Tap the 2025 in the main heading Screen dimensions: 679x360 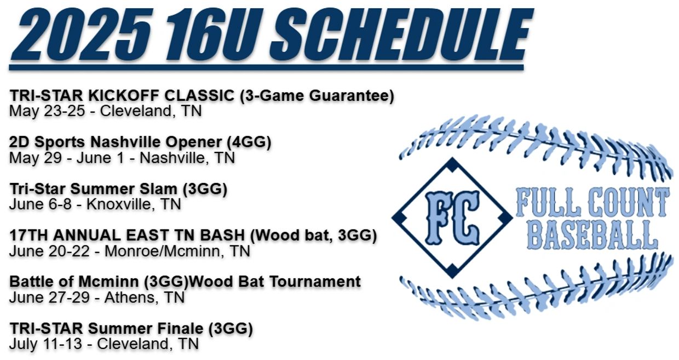(81, 35)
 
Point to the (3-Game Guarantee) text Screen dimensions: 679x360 (317, 96)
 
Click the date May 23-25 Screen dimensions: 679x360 (47, 111)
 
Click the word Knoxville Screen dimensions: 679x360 (118, 204)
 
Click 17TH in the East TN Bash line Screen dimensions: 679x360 (30, 236)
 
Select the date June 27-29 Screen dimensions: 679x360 (49, 298)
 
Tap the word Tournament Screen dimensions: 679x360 (315, 282)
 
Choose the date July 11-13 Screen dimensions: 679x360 (45, 344)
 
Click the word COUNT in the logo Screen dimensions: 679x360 (629, 202)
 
